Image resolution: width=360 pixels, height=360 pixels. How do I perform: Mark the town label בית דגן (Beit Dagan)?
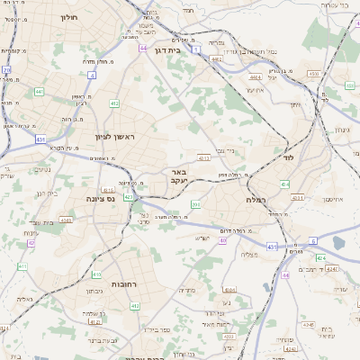(167, 51)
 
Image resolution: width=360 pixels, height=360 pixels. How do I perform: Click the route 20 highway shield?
(6, 69)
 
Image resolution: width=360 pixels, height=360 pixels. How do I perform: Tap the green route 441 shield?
(39, 92)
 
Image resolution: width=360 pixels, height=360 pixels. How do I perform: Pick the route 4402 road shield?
(216, 58)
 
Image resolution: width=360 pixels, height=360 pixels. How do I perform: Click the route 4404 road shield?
(256, 78)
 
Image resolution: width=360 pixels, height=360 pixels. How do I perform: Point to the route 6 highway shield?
(313, 241)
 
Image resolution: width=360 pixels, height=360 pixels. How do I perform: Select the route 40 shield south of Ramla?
(222, 240)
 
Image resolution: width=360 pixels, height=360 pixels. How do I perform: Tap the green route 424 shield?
(320, 258)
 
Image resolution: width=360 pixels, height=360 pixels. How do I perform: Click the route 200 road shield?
(195, 205)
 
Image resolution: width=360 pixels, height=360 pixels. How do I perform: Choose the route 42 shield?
(30, 243)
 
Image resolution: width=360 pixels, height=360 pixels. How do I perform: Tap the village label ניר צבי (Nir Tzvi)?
(226, 150)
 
